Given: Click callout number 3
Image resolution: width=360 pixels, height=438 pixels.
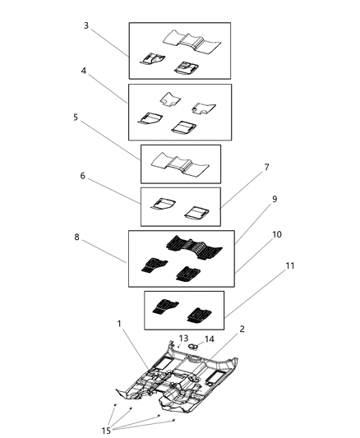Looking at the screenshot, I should click(x=86, y=25).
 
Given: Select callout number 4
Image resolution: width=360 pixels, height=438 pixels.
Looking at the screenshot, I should click(x=85, y=71).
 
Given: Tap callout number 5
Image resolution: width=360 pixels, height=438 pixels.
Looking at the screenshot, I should click(x=76, y=118).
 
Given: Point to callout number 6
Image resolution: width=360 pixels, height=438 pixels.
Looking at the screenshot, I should click(x=83, y=176).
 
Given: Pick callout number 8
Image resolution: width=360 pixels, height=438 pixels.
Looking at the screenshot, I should click(x=76, y=237).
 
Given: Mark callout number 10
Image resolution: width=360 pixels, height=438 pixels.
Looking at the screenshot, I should click(x=276, y=235).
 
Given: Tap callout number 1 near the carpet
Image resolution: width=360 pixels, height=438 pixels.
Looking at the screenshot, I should click(x=120, y=325).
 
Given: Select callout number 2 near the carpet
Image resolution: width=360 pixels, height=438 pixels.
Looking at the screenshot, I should click(x=241, y=330).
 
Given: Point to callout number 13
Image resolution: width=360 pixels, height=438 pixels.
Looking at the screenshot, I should click(x=184, y=338).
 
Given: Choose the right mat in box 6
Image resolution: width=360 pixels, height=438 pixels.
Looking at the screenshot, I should click(x=196, y=212).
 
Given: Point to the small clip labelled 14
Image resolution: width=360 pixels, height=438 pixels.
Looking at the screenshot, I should click(x=196, y=348).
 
